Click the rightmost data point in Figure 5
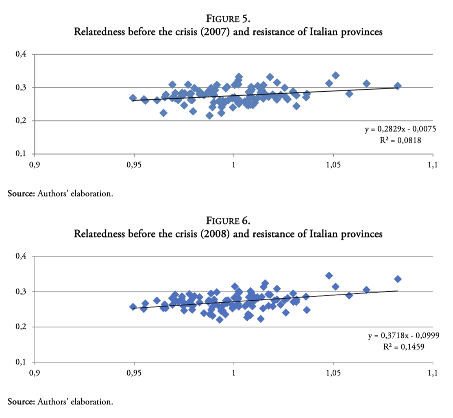(x=398, y=86)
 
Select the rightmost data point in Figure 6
(x=398, y=279)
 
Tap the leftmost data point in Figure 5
(x=133, y=98)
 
